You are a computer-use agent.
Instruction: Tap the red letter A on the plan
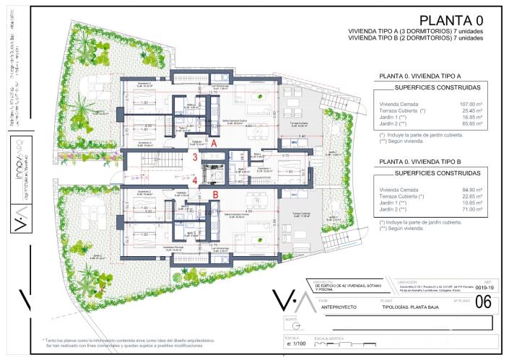click(214, 144)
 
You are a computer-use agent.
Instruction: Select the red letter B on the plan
click(214, 193)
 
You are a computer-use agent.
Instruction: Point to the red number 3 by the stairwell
click(195, 157)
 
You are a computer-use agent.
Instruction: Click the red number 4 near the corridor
click(195, 180)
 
